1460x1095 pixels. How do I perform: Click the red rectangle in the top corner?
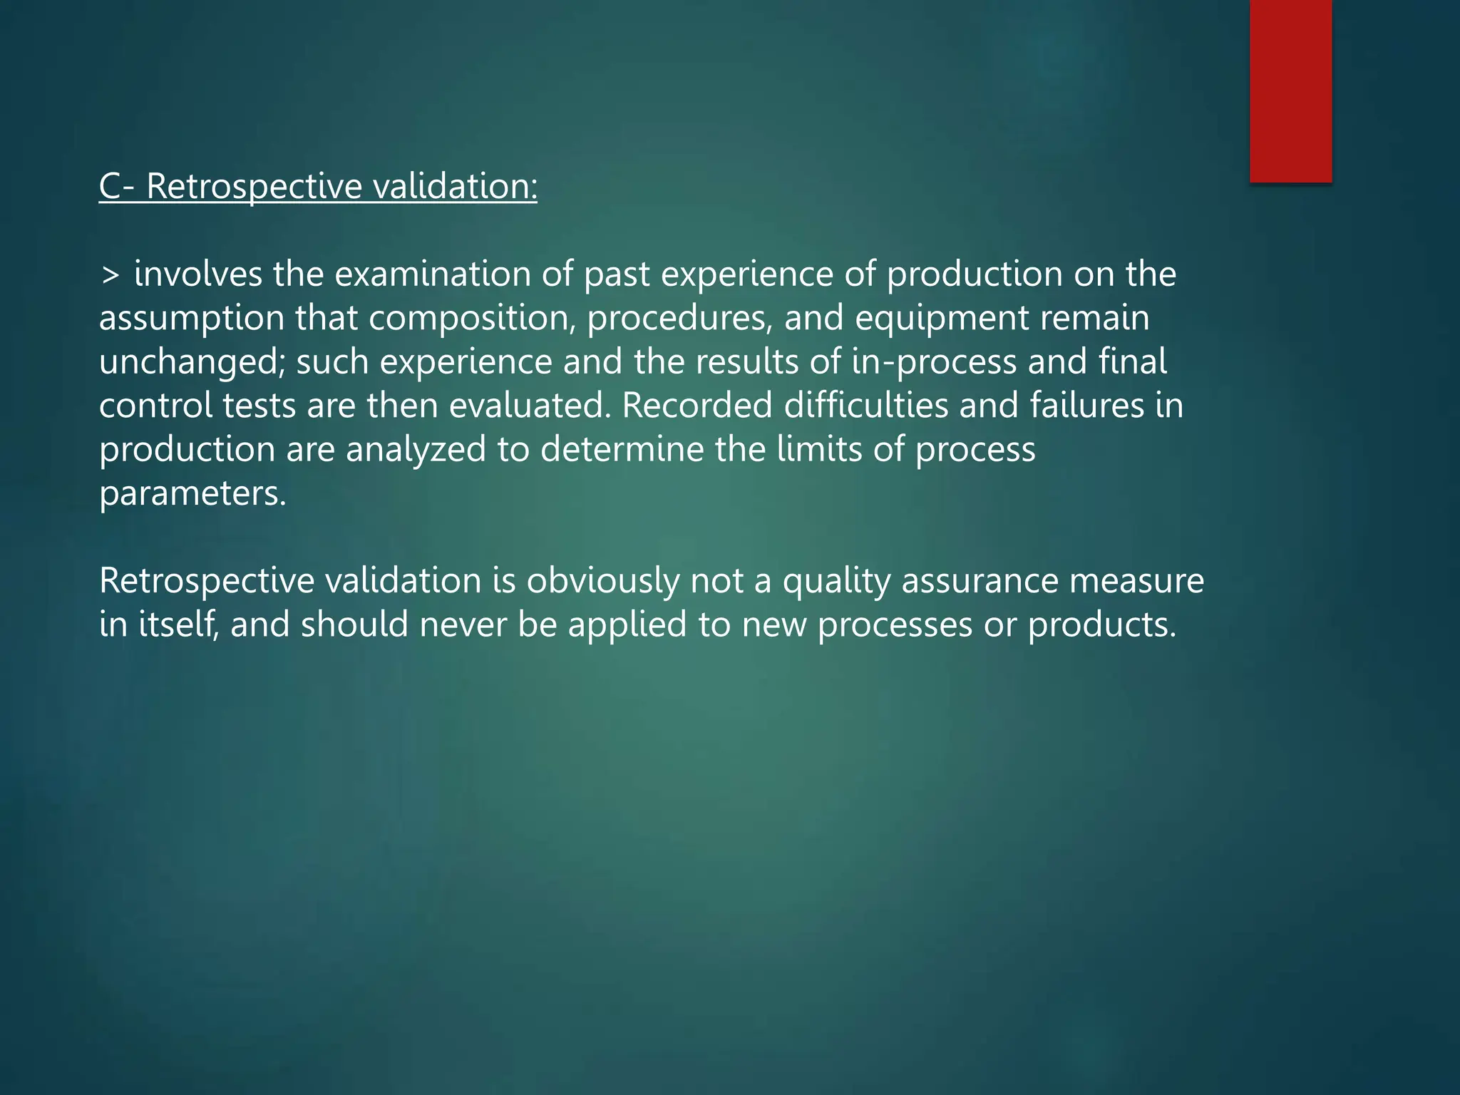(1290, 91)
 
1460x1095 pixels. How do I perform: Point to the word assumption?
(191, 319)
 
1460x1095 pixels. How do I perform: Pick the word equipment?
(941, 319)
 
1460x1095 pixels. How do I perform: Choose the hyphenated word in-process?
(934, 362)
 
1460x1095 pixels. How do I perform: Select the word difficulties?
(865, 406)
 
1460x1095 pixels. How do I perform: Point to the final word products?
(1101, 625)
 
